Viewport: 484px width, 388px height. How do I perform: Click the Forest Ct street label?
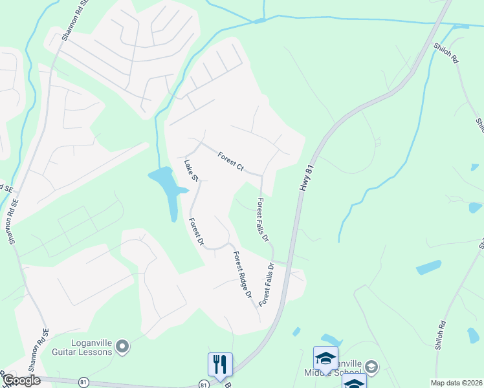tap(230, 162)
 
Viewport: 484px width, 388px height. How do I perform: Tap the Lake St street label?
tap(190, 170)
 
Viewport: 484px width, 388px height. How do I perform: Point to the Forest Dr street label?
tap(196, 233)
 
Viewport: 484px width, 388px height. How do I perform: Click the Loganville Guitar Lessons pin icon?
tap(124, 347)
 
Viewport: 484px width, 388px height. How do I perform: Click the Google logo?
tap(21, 380)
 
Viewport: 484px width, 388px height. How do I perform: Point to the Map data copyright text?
tap(456, 383)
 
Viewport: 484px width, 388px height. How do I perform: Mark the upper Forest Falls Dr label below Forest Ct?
tap(263, 220)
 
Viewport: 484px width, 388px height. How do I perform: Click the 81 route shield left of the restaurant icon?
tap(204, 385)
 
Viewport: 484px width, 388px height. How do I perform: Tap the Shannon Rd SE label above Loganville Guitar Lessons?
tap(43, 343)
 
